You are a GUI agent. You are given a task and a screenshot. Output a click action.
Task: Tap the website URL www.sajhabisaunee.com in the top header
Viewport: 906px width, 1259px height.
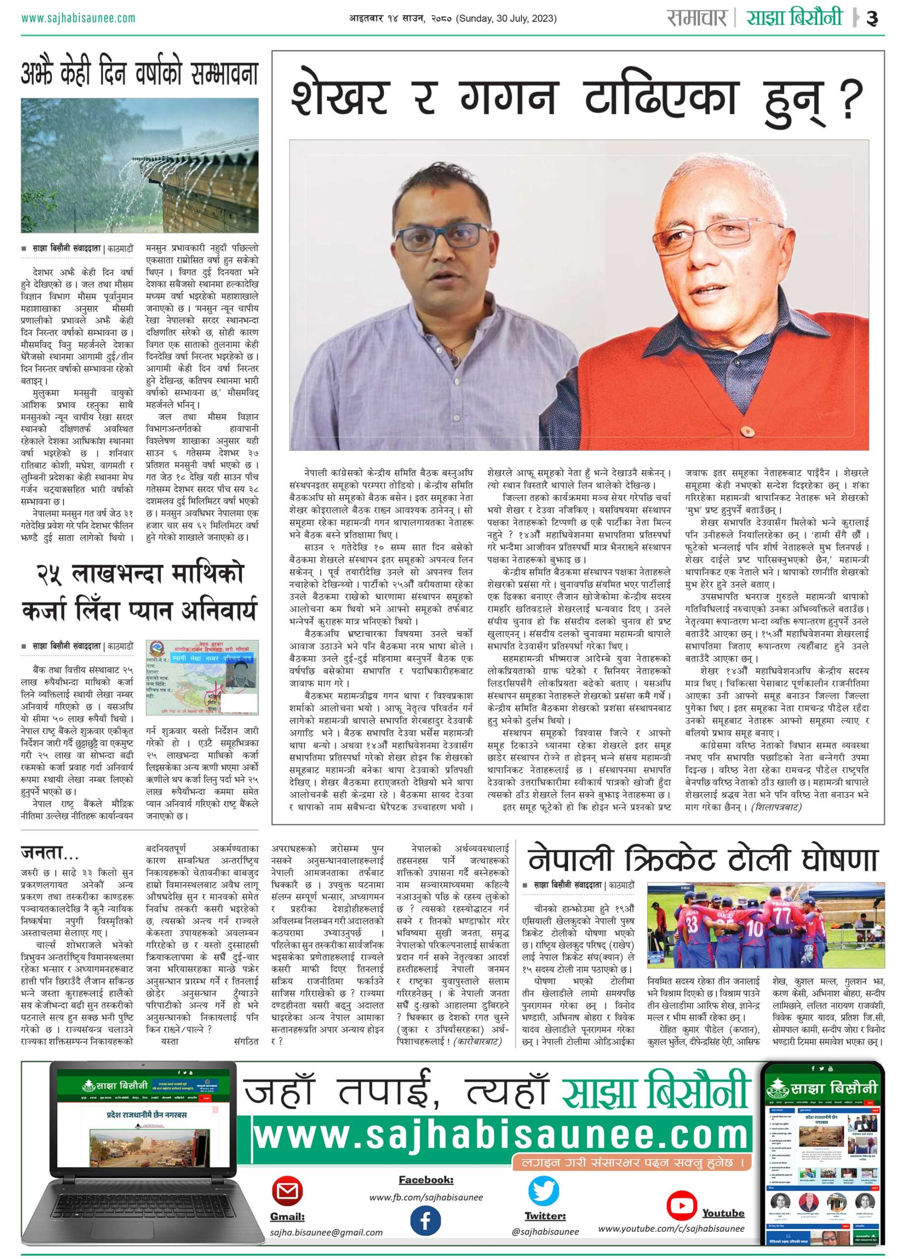(78, 18)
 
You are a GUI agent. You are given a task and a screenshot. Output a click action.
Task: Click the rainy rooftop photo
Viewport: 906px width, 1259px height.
(139, 165)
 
